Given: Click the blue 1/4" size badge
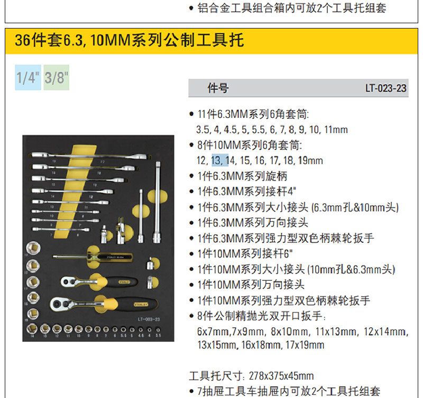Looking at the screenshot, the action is pyautogui.click(x=28, y=78).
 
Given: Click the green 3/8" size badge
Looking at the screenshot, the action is pyautogui.click(x=57, y=78).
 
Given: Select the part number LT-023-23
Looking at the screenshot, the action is pyautogui.click(x=386, y=88).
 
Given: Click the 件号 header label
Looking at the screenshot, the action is pyautogui.click(x=218, y=88).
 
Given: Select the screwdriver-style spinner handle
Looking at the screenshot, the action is pyautogui.click(x=95, y=258).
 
